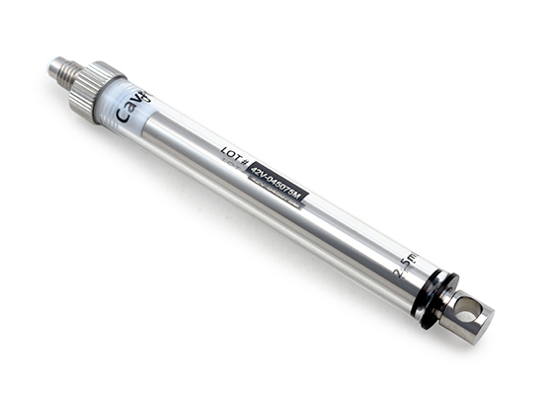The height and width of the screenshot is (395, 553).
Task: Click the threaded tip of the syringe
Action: pyautogui.click(x=60, y=71)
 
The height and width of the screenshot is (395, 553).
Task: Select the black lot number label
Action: pyautogui.click(x=278, y=184)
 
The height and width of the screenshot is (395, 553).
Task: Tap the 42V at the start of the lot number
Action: pyautogui.click(x=259, y=173)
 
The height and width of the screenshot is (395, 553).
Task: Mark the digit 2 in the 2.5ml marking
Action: pyautogui.click(x=397, y=276)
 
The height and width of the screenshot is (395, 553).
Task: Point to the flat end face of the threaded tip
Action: pyautogui.click(x=50, y=67)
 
